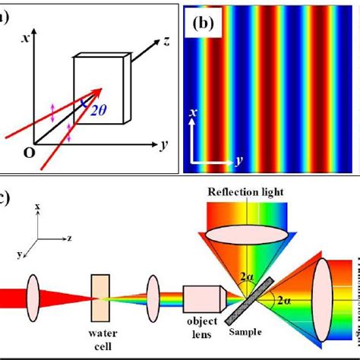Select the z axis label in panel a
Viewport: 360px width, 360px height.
point(163,42)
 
